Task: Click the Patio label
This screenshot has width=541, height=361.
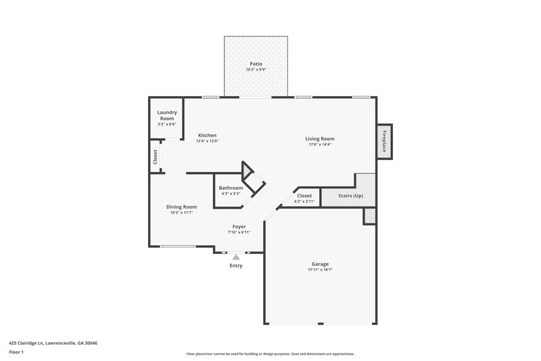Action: pyautogui.click(x=255, y=64)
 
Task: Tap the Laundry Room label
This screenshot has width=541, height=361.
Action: pyautogui.click(x=166, y=115)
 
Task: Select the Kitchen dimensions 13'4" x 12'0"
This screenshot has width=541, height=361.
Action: pyautogui.click(x=208, y=141)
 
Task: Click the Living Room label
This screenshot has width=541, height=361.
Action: pyautogui.click(x=320, y=139)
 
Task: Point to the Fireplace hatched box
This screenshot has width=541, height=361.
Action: pyautogui.click(x=385, y=142)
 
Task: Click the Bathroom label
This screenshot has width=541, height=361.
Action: pyautogui.click(x=231, y=188)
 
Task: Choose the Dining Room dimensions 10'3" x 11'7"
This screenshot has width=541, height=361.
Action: pyautogui.click(x=182, y=213)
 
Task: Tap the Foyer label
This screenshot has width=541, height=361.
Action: pyautogui.click(x=239, y=227)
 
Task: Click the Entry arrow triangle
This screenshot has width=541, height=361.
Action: pyautogui.click(x=235, y=257)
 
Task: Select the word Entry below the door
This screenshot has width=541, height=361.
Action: pyautogui.click(x=235, y=266)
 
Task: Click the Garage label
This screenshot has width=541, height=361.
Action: pyautogui.click(x=320, y=263)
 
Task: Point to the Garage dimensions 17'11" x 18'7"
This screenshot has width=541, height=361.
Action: pyautogui.click(x=320, y=270)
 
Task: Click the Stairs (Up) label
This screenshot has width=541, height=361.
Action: pyautogui.click(x=350, y=196)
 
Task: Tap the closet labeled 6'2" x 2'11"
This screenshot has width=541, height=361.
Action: pyautogui.click(x=304, y=198)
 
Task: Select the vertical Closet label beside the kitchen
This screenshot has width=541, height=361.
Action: pyautogui.click(x=155, y=157)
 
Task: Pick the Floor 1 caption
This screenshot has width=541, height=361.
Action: pyautogui.click(x=17, y=352)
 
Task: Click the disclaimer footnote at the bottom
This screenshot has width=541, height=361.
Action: pyautogui.click(x=270, y=354)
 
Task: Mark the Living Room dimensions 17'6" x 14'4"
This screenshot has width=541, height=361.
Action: pyautogui.click(x=320, y=145)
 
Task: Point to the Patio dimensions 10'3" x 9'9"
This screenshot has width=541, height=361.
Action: pyautogui.click(x=255, y=70)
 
